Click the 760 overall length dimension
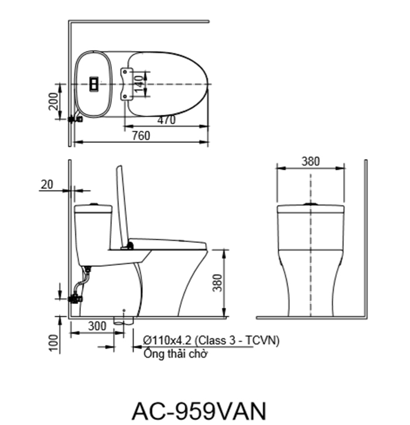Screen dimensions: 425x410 141,136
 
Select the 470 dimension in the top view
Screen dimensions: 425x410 167,120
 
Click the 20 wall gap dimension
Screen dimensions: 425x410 47,184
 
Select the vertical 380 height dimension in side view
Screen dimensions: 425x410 218,283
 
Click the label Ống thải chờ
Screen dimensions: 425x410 175,354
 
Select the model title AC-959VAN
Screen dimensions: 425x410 200,408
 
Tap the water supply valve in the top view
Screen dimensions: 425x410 75,119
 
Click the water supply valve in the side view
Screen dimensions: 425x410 75,297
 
